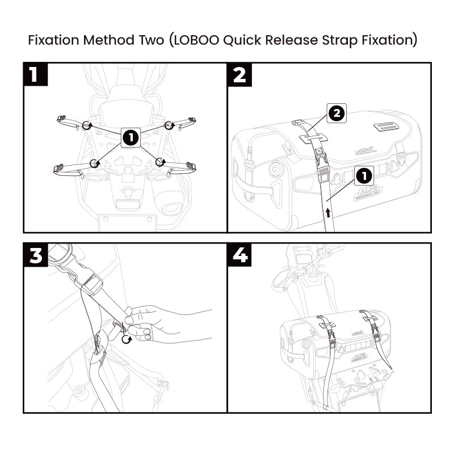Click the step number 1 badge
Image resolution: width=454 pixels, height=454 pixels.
[35, 74]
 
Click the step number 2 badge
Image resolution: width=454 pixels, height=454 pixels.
[239, 74]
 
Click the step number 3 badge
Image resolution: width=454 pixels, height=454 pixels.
[35, 255]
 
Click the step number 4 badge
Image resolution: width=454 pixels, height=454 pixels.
[239, 255]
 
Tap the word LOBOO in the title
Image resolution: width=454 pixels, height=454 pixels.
[190, 41]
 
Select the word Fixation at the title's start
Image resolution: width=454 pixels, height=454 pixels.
[53, 41]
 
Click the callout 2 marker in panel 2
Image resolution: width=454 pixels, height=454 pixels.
[336, 113]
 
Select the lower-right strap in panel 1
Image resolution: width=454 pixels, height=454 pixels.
[179, 166]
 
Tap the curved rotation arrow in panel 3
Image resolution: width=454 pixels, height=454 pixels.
[127, 339]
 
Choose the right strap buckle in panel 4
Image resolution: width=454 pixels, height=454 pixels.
[377, 340]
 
